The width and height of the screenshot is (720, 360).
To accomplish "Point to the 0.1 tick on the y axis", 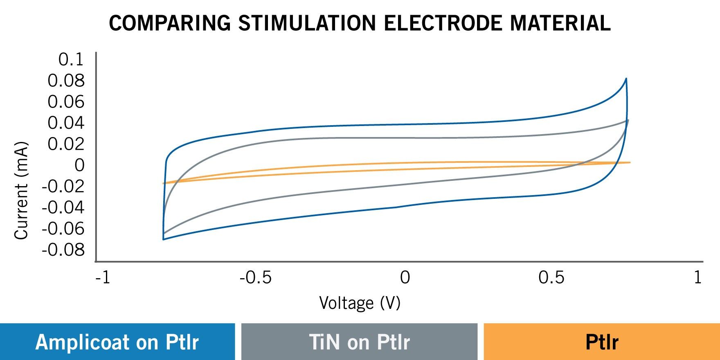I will pos(71,59).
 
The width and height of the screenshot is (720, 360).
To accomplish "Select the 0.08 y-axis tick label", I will pos(66,81).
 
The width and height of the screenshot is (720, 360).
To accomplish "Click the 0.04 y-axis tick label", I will pos(66,123).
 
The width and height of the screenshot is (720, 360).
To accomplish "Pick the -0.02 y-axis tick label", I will pos(63,187).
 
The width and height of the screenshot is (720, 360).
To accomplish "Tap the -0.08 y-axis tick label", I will pos(63,250).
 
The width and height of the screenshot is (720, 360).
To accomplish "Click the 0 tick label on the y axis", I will pos(79,165).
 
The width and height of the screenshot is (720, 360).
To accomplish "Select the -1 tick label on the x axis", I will pos(103,278).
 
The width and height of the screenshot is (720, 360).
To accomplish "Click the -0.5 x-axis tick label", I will pos(255,278).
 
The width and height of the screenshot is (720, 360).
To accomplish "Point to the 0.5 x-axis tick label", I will pos(551,278).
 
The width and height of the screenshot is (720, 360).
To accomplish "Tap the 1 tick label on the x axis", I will pos(697,278).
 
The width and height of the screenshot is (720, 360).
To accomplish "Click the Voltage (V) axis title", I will pos(360,303).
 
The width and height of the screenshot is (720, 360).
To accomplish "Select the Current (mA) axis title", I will pos(21,190).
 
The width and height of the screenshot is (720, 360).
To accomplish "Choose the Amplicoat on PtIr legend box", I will pos(117,342).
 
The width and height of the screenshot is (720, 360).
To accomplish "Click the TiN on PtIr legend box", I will pos(359,342).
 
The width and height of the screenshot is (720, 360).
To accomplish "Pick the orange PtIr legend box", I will pos(601,342).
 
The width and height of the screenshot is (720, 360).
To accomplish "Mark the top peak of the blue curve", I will pos(626,79).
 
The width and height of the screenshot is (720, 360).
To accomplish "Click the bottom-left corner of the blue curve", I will pos(163,239).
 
